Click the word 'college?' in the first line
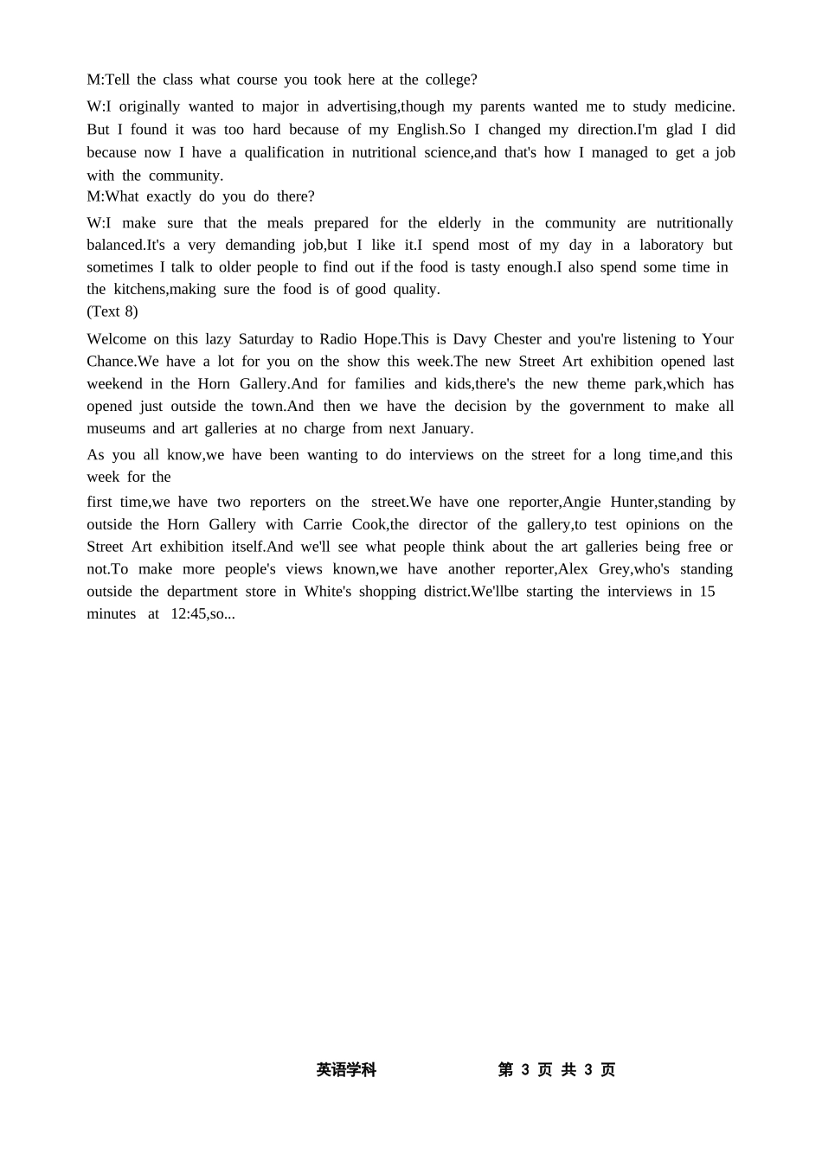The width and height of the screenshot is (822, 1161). [x=451, y=80]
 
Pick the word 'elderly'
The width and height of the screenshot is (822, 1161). [x=459, y=223]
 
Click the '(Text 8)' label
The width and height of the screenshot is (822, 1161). [x=112, y=311]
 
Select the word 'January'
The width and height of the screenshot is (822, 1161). [x=446, y=428]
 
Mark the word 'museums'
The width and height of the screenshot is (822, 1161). [x=116, y=428]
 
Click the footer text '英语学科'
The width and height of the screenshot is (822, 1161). [x=346, y=1070]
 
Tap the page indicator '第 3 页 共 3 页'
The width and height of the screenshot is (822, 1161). [x=556, y=1070]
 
